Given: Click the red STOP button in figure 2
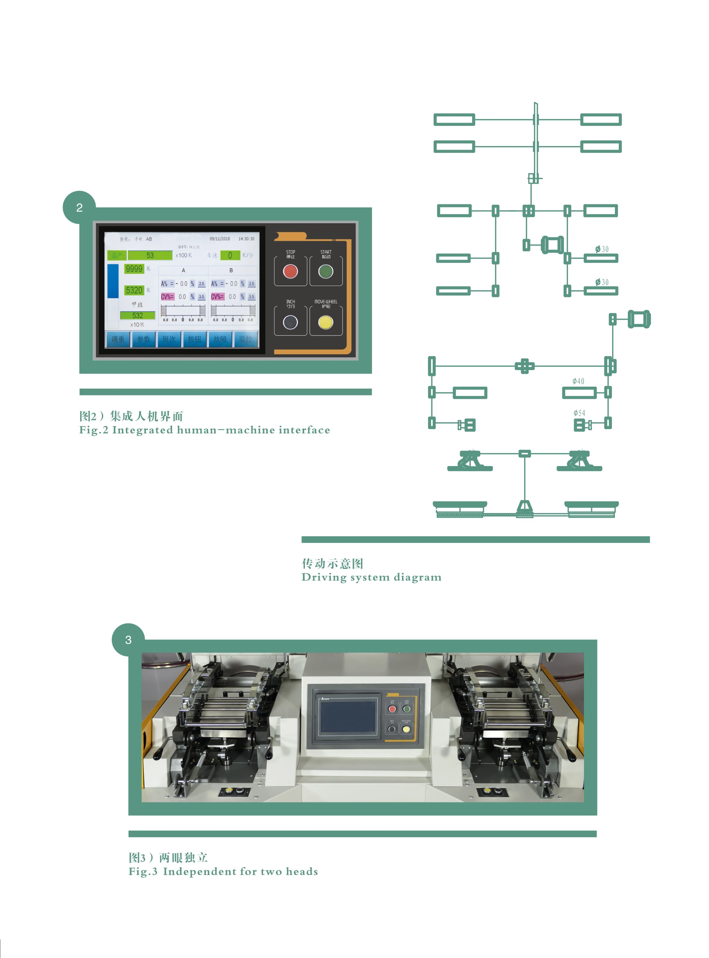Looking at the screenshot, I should pyautogui.click(x=291, y=271).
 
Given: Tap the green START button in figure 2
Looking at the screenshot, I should pyautogui.click(x=326, y=271).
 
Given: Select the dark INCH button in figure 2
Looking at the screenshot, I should pyautogui.click(x=291, y=322).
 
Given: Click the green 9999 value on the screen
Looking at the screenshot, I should pyautogui.click(x=134, y=268).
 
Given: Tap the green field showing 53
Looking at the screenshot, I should pyautogui.click(x=150, y=255).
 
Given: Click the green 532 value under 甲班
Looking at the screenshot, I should pyautogui.click(x=137, y=315).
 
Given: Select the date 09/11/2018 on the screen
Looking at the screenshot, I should pyautogui.click(x=220, y=239).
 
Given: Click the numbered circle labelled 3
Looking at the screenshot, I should pyautogui.click(x=128, y=640).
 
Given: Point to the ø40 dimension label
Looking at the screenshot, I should pyautogui.click(x=578, y=381).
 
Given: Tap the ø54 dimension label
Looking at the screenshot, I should pyautogui.click(x=579, y=413).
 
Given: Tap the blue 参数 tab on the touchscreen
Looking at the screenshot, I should pyautogui.click(x=143, y=339).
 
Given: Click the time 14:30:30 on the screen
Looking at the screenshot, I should pyautogui.click(x=246, y=239).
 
